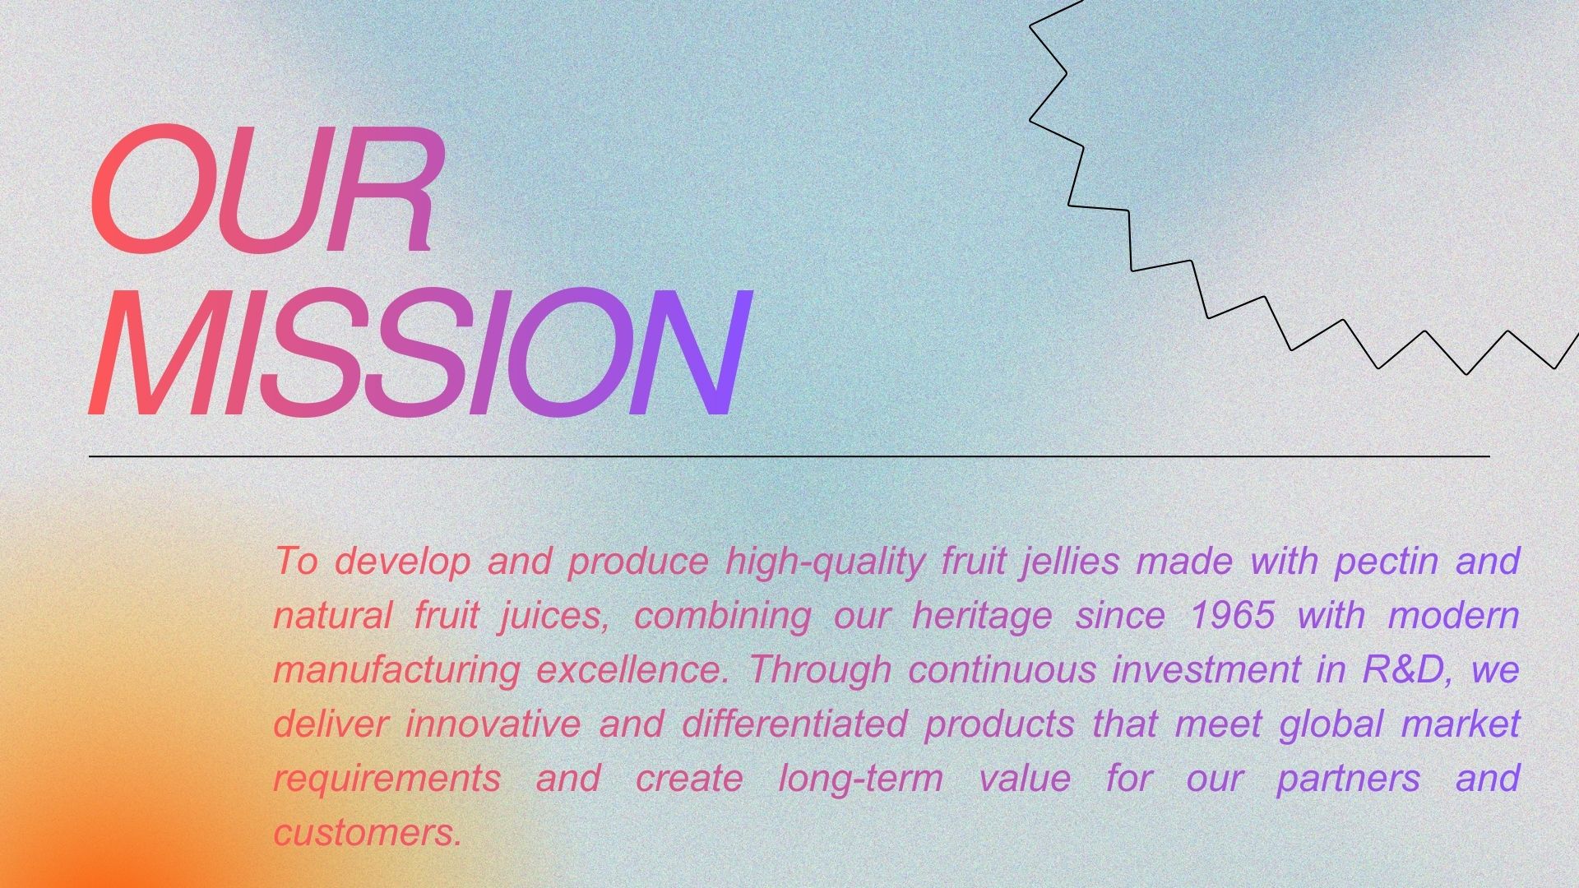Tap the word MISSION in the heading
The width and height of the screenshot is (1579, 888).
coord(419,353)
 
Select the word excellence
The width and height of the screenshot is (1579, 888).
coord(632,669)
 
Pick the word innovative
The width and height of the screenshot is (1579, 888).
coord(493,724)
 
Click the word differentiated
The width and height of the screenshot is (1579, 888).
coord(794,724)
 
